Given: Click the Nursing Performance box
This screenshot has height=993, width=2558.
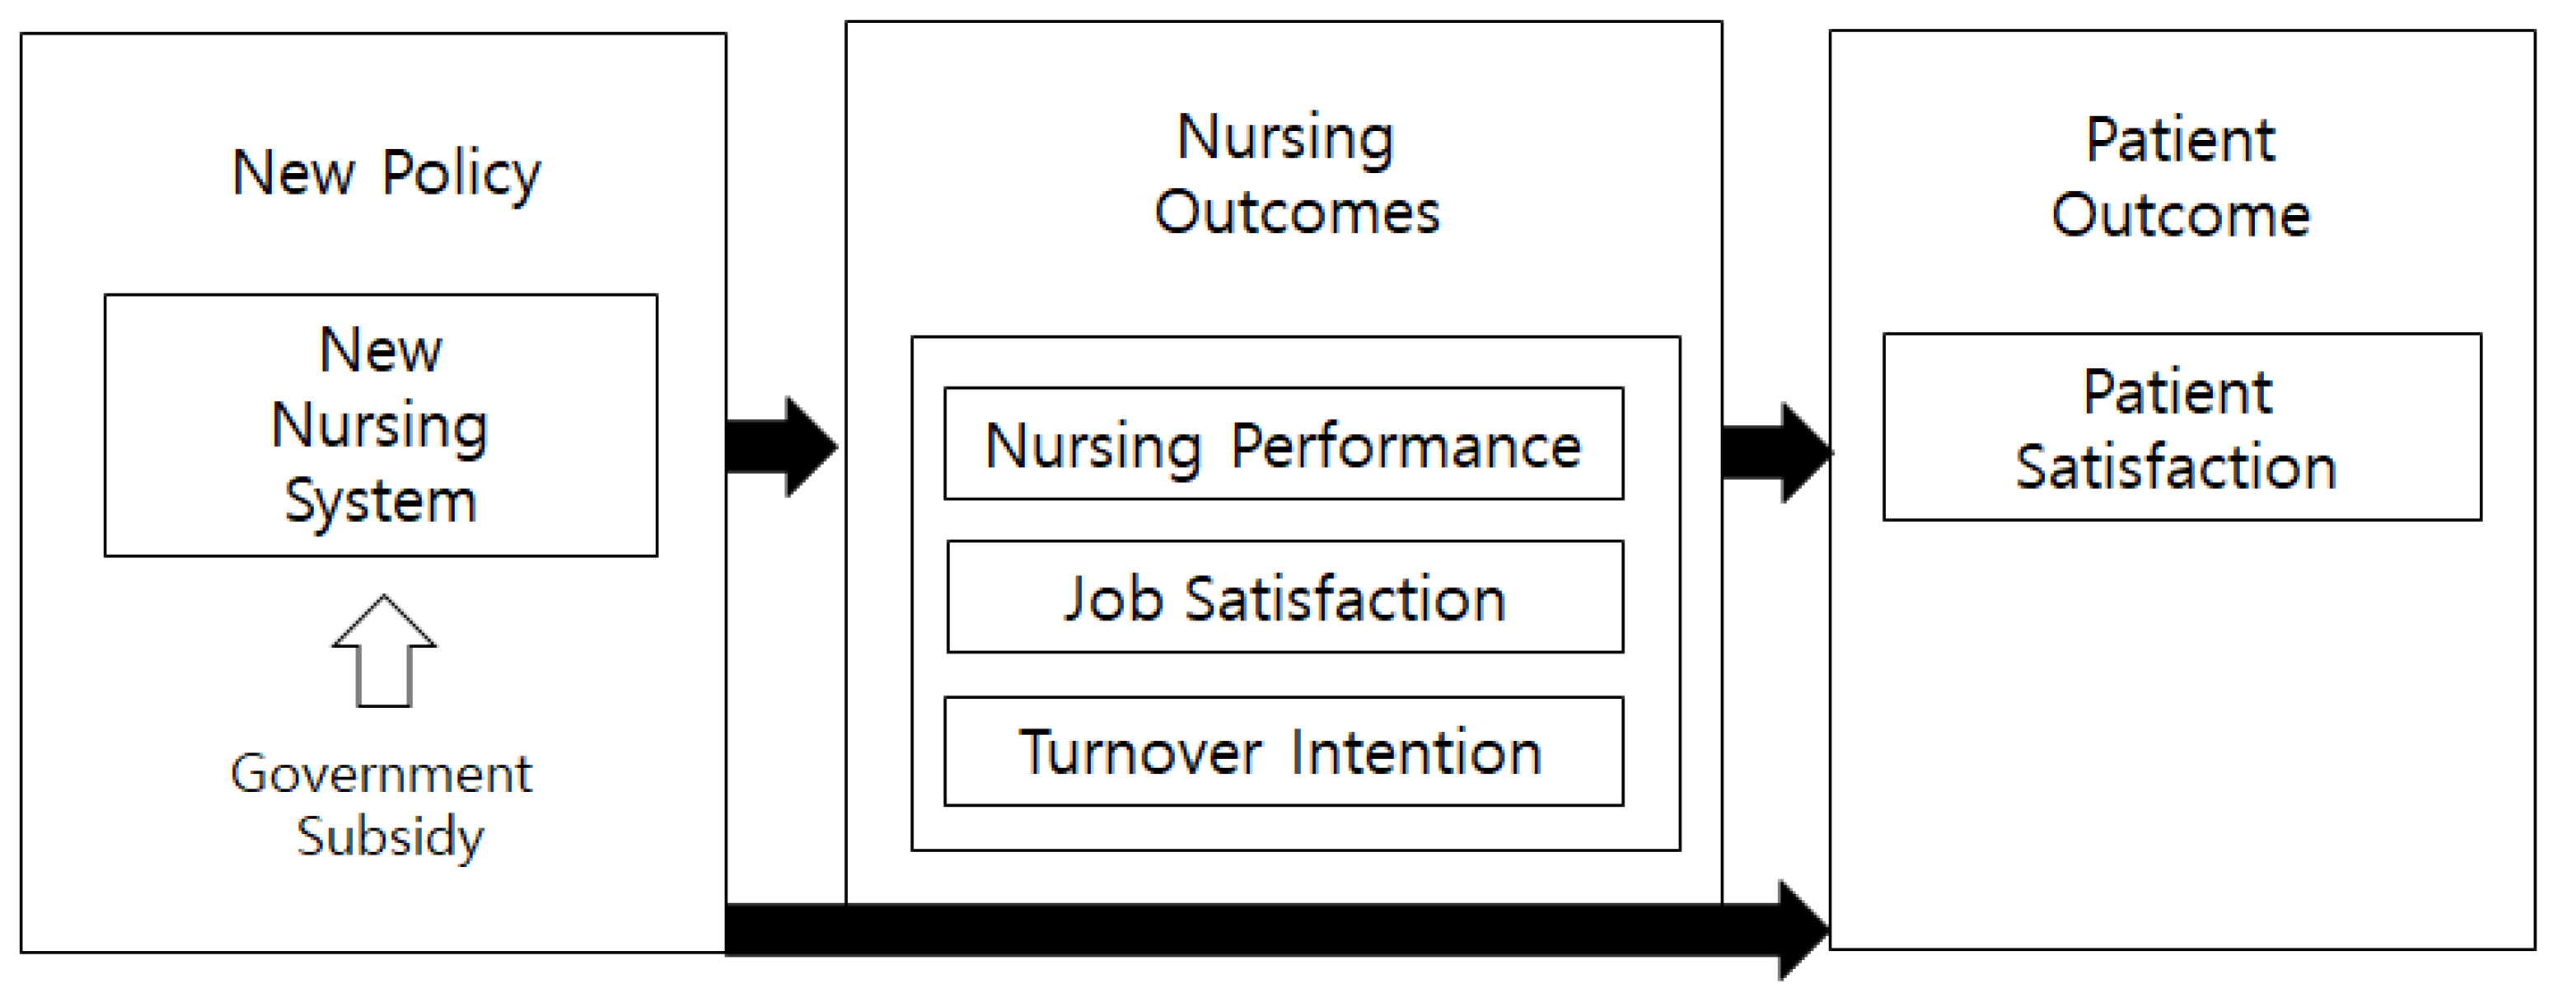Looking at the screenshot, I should pos(1283,444).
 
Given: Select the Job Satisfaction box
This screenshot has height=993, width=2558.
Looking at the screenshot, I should pos(1285,597).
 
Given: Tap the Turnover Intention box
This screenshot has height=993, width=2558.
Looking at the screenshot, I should pos(1283,751).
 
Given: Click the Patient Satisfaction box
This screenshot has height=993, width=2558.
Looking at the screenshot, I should pos(2181,427).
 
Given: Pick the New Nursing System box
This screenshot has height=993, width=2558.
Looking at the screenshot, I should pos(381,425).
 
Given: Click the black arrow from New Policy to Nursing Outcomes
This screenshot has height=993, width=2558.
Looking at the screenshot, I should pos(780,447).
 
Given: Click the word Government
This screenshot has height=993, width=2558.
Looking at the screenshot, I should pos(381,774).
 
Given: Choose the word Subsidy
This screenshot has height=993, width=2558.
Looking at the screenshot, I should pos(389,836).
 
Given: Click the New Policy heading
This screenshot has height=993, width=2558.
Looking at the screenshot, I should pos(386,174).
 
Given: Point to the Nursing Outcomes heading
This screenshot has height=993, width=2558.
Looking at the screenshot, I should pos(1295,175).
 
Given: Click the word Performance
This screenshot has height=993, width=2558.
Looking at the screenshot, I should pos(1405,445).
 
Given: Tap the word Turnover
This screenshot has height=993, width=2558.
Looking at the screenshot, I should pos(1140,752).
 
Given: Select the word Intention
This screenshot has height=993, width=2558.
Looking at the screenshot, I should pos(1416,752).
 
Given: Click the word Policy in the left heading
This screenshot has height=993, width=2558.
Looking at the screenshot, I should pos(461,174).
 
